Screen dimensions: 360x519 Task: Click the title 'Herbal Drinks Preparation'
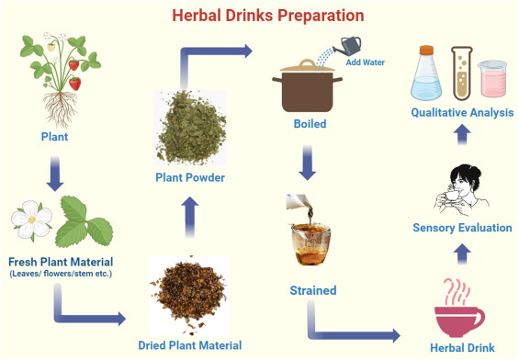(x=260, y=16)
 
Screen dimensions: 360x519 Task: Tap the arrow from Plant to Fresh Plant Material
(x=54, y=173)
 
